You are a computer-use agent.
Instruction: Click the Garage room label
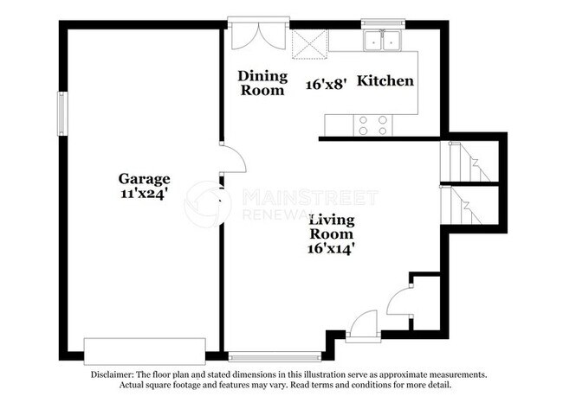click(x=144, y=179)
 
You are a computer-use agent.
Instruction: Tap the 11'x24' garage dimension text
click(x=144, y=194)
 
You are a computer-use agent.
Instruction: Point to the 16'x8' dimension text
click(x=327, y=84)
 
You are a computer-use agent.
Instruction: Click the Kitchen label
click(x=385, y=80)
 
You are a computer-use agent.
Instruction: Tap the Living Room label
click(x=332, y=226)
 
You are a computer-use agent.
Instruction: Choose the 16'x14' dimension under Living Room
click(x=332, y=248)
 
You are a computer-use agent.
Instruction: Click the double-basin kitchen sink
click(x=381, y=40)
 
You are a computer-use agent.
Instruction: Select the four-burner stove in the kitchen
click(x=372, y=125)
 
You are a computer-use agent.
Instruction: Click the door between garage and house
click(x=232, y=160)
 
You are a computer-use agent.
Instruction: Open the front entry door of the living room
click(x=362, y=326)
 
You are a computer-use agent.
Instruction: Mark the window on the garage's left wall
click(x=61, y=112)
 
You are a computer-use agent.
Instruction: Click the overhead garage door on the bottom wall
click(x=144, y=350)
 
